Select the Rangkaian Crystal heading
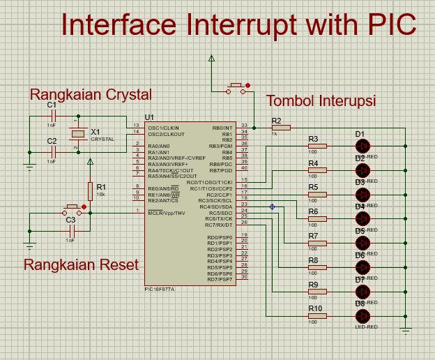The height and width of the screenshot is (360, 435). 91,94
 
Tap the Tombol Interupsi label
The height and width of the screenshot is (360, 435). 321,100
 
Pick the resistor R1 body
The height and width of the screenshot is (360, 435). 90,190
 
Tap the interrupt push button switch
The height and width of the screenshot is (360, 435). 236,89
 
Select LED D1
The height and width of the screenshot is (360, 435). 362,146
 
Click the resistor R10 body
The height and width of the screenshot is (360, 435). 317,316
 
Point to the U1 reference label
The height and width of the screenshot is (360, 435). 149,117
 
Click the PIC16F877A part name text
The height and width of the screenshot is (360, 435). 160,288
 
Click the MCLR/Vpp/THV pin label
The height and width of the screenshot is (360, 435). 166,213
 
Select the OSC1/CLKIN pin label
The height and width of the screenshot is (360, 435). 163,128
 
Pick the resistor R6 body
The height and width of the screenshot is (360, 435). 317,219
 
